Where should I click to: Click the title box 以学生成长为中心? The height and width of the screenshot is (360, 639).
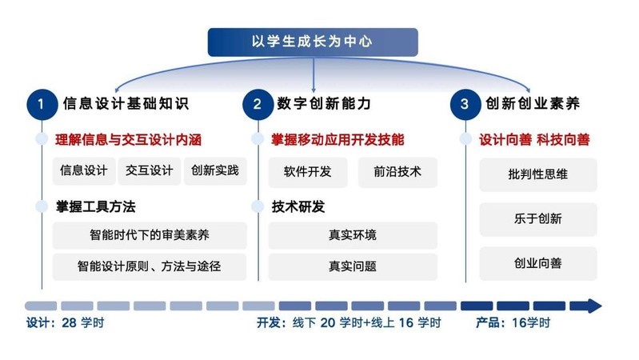click(313, 42)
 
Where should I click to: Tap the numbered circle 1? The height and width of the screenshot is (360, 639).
click(42, 104)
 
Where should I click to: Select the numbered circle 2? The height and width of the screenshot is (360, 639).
click(258, 104)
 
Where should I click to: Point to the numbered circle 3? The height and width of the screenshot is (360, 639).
click(465, 104)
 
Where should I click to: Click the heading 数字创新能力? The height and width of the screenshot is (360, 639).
click(324, 103)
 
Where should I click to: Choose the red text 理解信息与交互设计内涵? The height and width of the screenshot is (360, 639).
click(129, 140)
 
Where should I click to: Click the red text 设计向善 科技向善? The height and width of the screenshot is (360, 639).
click(534, 140)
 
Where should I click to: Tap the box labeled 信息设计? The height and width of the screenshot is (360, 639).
click(84, 171)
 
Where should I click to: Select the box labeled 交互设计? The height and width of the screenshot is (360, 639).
click(150, 171)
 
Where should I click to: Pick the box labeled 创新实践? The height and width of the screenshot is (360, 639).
click(215, 171)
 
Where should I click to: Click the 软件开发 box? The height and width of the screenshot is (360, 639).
click(308, 172)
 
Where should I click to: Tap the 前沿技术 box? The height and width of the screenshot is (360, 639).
click(397, 172)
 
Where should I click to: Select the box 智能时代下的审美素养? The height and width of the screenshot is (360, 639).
click(150, 235)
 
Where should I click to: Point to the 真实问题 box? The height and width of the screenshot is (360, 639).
click(353, 266)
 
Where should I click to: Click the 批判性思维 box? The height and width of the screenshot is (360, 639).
click(538, 175)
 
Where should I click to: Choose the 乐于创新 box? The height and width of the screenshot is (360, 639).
click(538, 219)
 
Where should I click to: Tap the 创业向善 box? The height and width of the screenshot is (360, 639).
click(538, 263)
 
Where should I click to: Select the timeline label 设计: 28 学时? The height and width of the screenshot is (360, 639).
click(66, 323)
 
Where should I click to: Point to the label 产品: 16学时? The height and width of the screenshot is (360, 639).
click(513, 323)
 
